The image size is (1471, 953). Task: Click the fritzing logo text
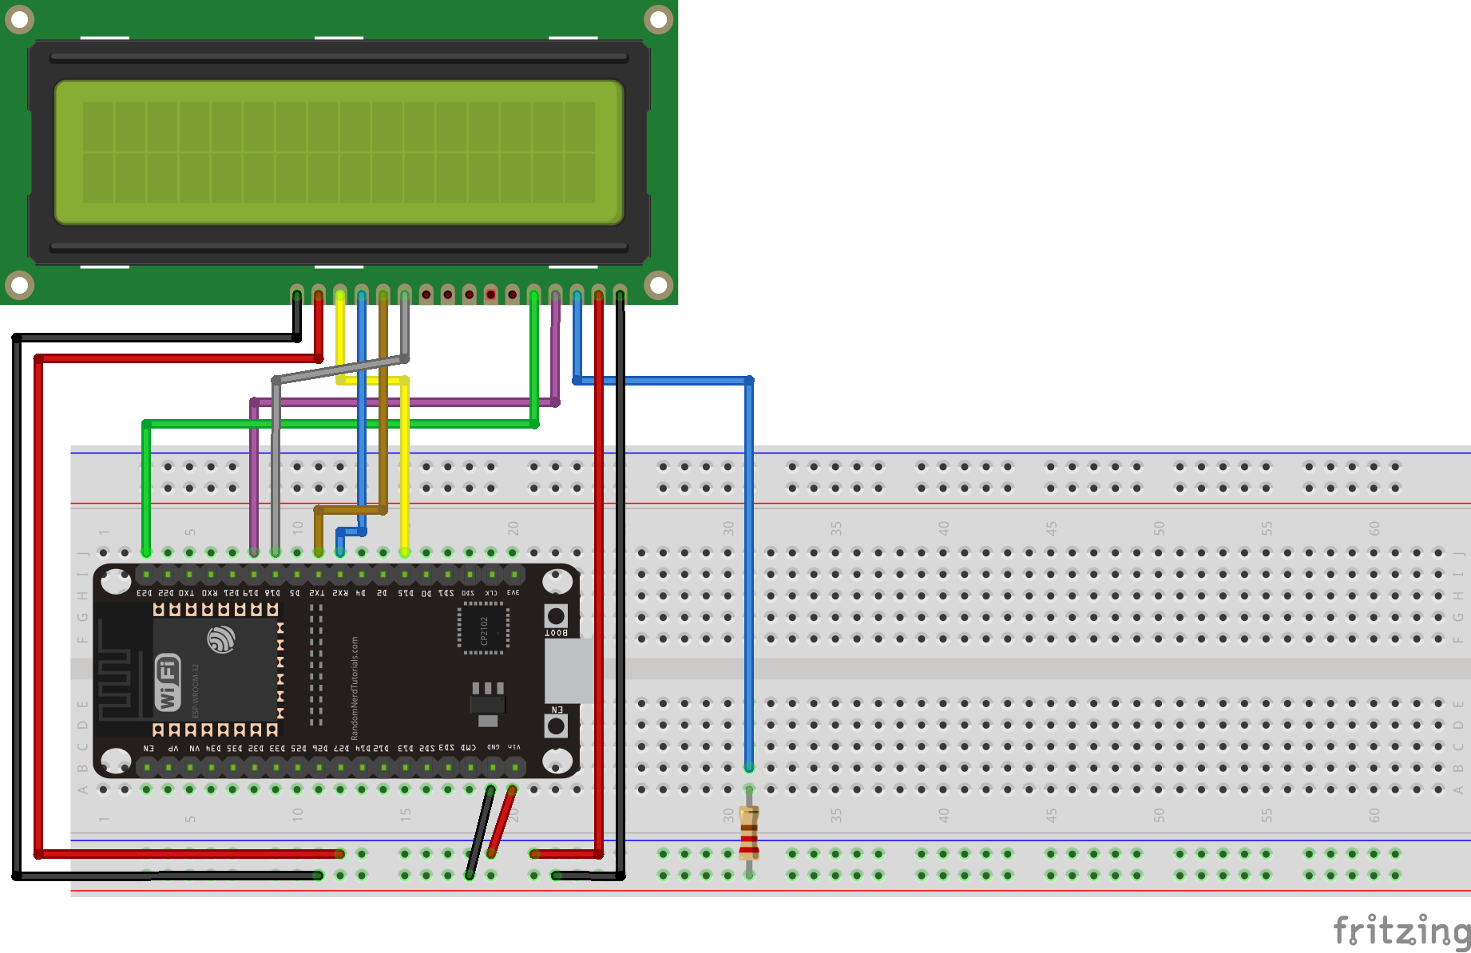(1402, 931)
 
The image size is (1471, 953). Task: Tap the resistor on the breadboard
(748, 832)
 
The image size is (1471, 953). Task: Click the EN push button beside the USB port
(556, 726)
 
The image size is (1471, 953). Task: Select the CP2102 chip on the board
(483, 629)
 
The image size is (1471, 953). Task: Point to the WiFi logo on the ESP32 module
(168, 682)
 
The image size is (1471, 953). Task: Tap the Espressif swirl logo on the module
(221, 639)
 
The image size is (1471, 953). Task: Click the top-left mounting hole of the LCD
(19, 19)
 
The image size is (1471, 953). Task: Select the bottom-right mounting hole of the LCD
(658, 284)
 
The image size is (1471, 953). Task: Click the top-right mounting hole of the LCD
(658, 19)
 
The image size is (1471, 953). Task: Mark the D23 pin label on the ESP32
(145, 593)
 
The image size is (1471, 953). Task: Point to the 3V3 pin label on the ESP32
(513, 593)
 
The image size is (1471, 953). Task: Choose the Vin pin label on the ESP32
(514, 747)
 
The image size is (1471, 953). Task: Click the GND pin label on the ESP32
(494, 747)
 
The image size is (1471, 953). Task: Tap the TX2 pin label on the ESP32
(317, 593)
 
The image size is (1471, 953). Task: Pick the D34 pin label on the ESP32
(213, 748)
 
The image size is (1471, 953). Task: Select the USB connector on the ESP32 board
(569, 670)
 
